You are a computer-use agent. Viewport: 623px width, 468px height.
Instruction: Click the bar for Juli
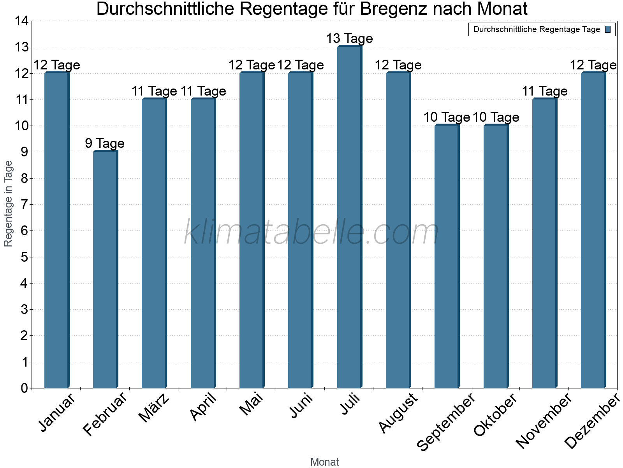coord(349,217)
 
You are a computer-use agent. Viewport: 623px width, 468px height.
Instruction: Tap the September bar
coord(447,256)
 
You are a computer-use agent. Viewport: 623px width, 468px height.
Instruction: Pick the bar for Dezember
coord(593,230)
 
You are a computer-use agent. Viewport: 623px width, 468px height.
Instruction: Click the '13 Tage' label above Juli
coord(349,39)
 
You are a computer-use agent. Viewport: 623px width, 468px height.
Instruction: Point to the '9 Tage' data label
coord(105,144)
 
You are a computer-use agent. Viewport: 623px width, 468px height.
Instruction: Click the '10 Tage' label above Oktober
coord(496,117)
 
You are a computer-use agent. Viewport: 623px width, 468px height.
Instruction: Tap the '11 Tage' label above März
coord(154,91)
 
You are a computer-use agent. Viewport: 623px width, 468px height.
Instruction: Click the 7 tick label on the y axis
coord(25,205)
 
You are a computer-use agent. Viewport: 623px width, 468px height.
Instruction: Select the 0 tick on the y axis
coord(25,388)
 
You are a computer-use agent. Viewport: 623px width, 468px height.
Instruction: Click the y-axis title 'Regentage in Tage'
coord(9,204)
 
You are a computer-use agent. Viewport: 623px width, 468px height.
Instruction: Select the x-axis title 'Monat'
coord(324,462)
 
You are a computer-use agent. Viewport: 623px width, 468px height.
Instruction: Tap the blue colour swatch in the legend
coord(608,29)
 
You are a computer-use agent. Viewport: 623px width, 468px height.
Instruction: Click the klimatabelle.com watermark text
coord(311,232)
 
